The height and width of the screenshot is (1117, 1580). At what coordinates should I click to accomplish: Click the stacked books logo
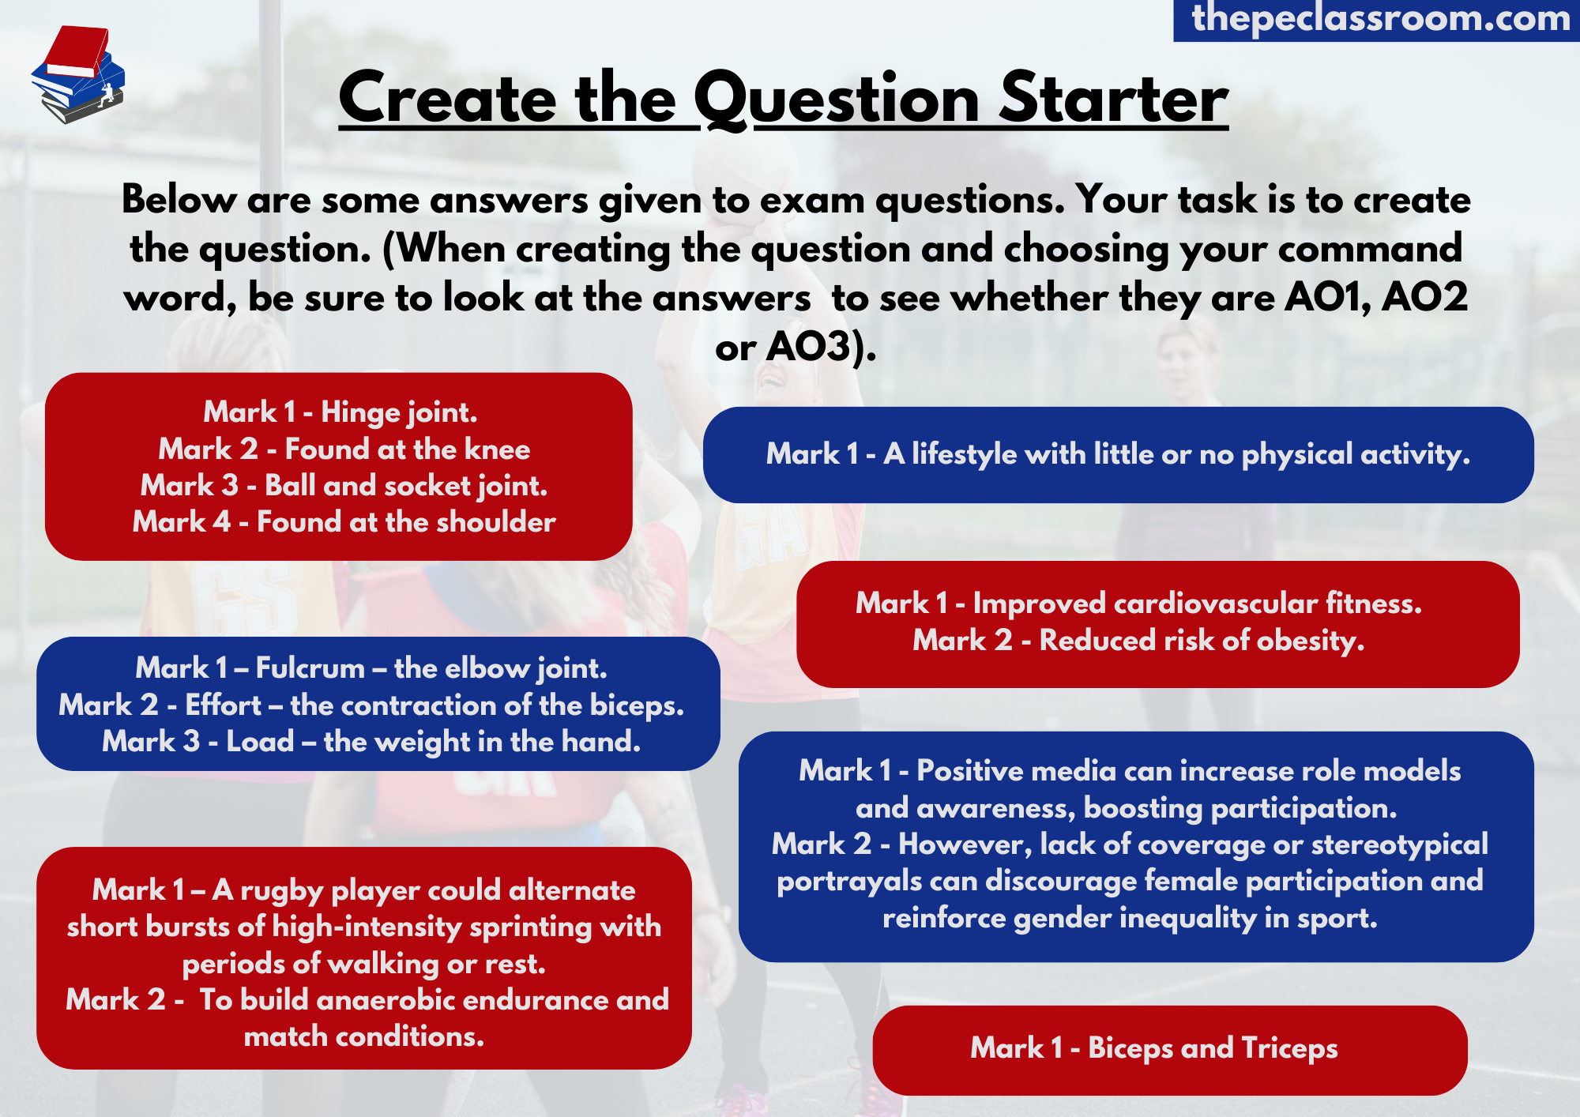pyautogui.click(x=78, y=74)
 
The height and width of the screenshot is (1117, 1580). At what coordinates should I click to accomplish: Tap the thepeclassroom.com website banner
pyautogui.click(x=1377, y=19)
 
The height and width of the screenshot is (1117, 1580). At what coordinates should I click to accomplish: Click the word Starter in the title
pyautogui.click(x=1113, y=100)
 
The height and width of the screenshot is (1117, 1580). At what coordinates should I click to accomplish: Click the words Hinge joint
pyautogui.click(x=399, y=412)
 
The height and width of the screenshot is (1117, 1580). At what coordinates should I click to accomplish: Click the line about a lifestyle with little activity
pyautogui.click(x=1118, y=454)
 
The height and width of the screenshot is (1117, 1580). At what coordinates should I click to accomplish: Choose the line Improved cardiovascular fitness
pyautogui.click(x=1138, y=604)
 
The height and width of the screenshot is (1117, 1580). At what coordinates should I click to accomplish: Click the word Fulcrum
pyautogui.click(x=310, y=668)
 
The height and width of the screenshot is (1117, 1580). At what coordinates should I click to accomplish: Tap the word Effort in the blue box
pyautogui.click(x=223, y=705)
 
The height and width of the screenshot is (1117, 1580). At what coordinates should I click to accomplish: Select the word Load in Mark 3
pyautogui.click(x=260, y=742)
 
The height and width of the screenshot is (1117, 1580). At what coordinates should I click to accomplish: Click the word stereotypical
pyautogui.click(x=1399, y=845)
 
